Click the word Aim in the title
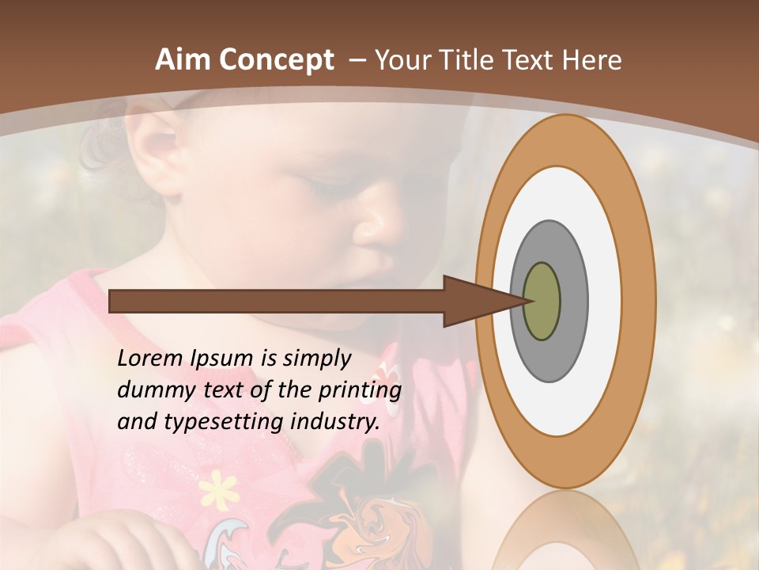click(183, 60)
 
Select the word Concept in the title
click(274, 60)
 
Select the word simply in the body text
click(315, 359)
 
